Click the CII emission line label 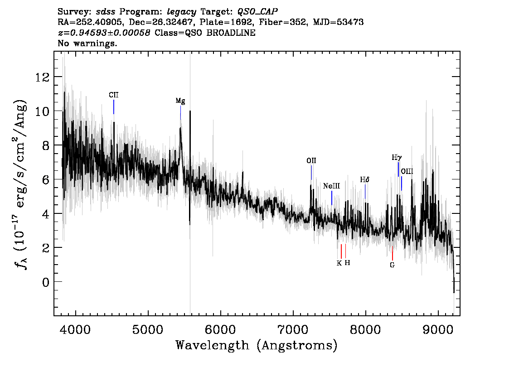click(x=113, y=95)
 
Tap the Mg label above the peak click(x=180, y=101)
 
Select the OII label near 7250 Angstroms click(x=311, y=160)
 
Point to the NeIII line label click(x=331, y=186)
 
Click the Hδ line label click(x=365, y=179)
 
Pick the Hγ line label click(x=397, y=158)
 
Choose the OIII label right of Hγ click(x=407, y=171)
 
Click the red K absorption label click(x=339, y=263)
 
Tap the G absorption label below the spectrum click(x=392, y=265)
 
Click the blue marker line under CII click(x=114, y=107)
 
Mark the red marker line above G click(x=392, y=253)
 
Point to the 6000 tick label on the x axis click(x=221, y=329)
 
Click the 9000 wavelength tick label click(x=437, y=329)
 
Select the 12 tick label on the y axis click(x=42, y=77)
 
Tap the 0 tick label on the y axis click(x=46, y=282)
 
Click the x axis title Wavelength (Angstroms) click(x=257, y=346)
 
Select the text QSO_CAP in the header click(x=257, y=12)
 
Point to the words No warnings click(x=87, y=43)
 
